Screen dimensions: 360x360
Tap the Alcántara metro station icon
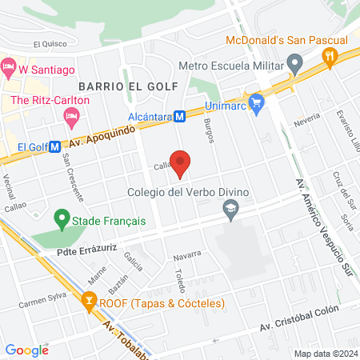pyautogui.click(x=181, y=116)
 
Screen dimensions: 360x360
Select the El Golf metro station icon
pyautogui.click(x=54, y=147)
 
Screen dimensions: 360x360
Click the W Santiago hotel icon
pyautogui.click(x=9, y=70)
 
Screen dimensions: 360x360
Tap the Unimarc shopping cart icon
pyautogui.click(x=256, y=102)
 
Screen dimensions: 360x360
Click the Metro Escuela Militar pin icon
pyautogui.click(x=294, y=62)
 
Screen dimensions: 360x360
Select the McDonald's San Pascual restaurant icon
pyautogui.click(x=328, y=55)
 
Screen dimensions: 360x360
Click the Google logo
pyautogui.click(x=26, y=350)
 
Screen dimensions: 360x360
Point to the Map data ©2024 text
pyautogui.click(x=325, y=354)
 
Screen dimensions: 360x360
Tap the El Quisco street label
pyautogui.click(x=50, y=45)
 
